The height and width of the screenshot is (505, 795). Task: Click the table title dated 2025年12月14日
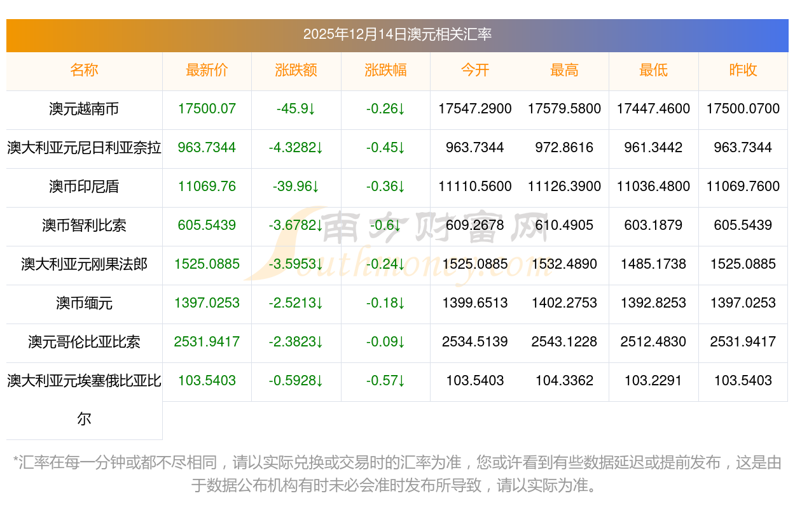point(397,34)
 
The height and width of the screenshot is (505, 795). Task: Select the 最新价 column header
point(207,70)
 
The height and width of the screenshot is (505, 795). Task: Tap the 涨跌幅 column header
point(385,70)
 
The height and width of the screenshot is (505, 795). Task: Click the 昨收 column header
point(743,70)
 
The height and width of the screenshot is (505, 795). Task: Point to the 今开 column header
point(475,70)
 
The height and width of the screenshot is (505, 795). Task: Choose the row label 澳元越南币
point(84,109)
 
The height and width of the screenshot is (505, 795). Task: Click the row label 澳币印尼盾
point(84,187)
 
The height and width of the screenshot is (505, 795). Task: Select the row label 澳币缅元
point(84,303)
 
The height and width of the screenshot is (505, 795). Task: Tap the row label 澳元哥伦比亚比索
point(84,342)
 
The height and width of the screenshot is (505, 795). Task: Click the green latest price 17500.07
point(207,109)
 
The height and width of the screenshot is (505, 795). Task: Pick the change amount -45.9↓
point(296,109)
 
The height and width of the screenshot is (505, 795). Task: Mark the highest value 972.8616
point(564,148)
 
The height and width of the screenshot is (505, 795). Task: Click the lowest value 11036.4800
point(653,187)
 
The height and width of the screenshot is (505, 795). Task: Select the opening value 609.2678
point(475,225)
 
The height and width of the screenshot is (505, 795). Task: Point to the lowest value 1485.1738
point(653,264)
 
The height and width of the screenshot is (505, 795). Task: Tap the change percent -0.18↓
point(385,303)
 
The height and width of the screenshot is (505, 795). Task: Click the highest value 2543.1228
point(564,342)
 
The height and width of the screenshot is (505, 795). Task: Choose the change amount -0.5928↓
point(296,381)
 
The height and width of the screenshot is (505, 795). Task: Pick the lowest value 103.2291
point(653,381)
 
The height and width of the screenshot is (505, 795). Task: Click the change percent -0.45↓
point(385,148)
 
